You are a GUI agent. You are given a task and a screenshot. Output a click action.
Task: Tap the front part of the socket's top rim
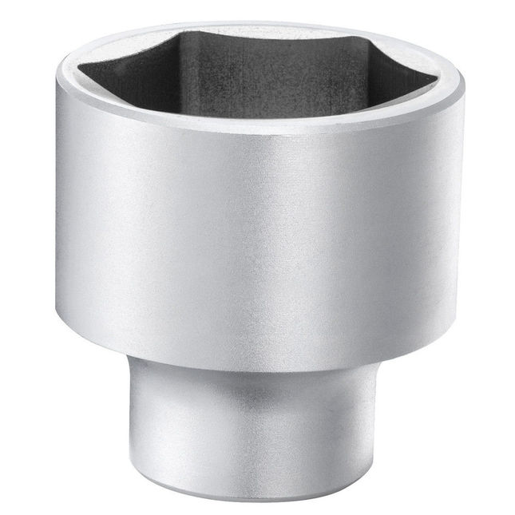[x=259, y=128]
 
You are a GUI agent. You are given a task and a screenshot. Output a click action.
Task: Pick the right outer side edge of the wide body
[x=462, y=200]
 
